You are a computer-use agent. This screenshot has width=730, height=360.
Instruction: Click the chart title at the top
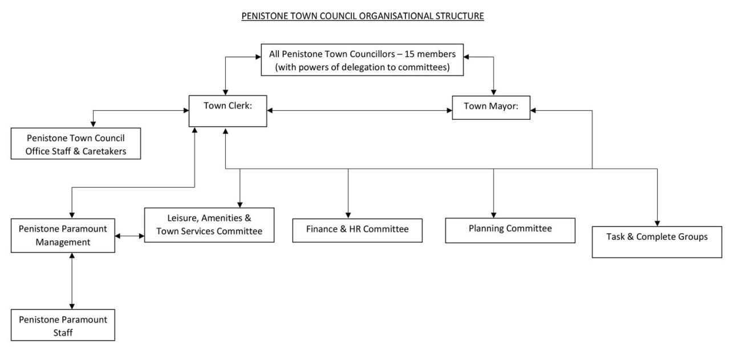click(x=363, y=17)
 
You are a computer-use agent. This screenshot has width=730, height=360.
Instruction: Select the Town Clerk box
click(x=228, y=111)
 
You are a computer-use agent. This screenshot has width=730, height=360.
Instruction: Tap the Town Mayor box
click(x=491, y=107)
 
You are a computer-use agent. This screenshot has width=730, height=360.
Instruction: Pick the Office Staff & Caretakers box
click(x=76, y=144)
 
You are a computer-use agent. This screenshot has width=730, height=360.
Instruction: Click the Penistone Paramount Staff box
click(x=63, y=325)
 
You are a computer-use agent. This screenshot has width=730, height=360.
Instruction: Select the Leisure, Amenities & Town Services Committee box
click(x=209, y=225)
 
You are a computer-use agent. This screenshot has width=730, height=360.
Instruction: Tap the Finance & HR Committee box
click(x=358, y=230)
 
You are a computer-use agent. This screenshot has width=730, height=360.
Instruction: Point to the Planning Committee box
click(x=510, y=229)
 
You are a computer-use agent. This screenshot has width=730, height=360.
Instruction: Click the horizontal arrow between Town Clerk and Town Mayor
click(x=359, y=110)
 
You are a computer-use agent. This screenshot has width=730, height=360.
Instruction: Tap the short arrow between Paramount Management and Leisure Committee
click(x=129, y=235)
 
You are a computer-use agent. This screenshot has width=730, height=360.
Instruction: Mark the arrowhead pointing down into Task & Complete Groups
click(x=658, y=222)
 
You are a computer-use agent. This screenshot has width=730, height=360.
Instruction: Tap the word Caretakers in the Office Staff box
click(x=100, y=150)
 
